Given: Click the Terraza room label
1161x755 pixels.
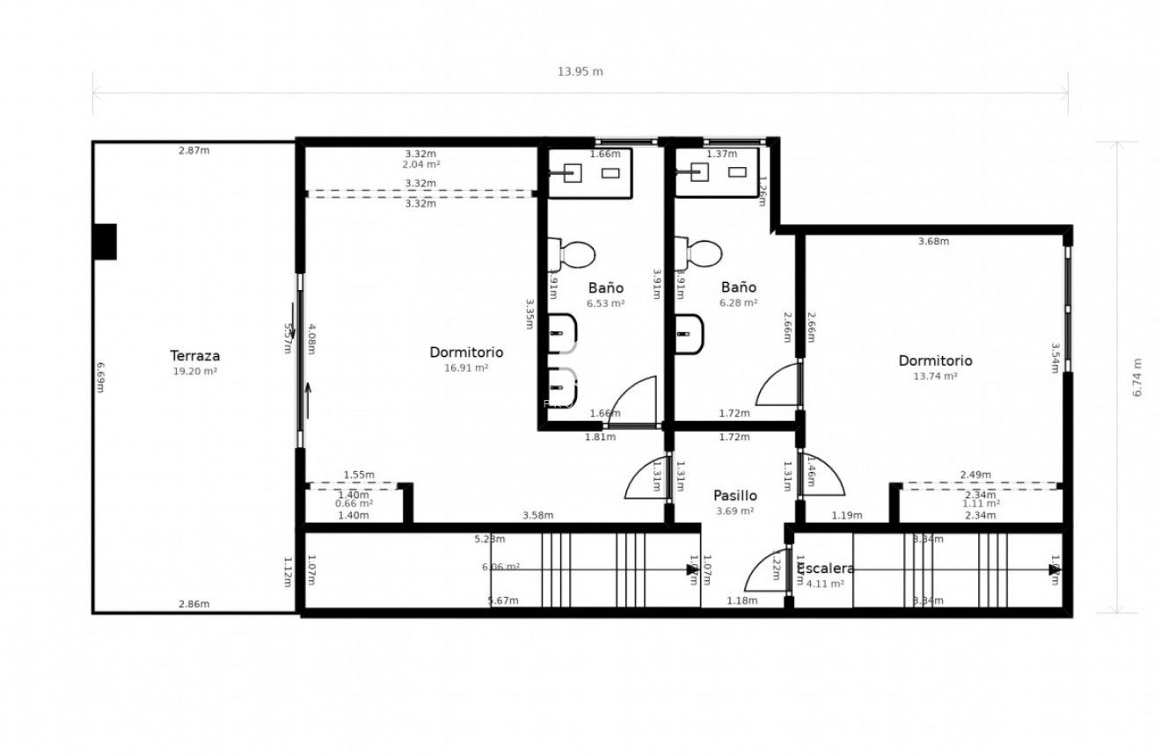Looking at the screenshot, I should pos(194,356).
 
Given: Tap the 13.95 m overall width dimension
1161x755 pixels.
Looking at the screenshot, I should pos(580,72).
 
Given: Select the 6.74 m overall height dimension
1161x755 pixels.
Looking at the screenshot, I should pos(1136,377).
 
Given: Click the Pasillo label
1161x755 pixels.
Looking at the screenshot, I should pos(734,496).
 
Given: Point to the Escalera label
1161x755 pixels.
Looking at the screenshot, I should pos(824,569).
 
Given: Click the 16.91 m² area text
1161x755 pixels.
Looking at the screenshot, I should pos(466,368).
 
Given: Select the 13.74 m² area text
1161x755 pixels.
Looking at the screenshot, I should pos(935,376).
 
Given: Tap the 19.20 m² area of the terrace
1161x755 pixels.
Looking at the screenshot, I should pos(194,372).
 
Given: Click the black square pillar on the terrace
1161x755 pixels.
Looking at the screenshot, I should pos(105,242).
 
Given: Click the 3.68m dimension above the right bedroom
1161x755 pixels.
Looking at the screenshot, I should pos(933,242).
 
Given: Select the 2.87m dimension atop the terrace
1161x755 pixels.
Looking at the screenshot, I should pos(193,150).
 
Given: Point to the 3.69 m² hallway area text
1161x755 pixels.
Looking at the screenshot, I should pos(734,512).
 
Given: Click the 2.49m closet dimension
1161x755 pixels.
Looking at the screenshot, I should pos(975,476).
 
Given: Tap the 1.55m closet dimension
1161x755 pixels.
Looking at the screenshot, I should pos(359,476).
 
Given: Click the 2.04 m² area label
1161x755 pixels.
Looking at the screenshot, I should pos(420,164).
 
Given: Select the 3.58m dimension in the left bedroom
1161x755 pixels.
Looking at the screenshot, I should pos(537,516).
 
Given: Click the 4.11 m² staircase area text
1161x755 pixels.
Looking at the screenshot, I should pos(824,584).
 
